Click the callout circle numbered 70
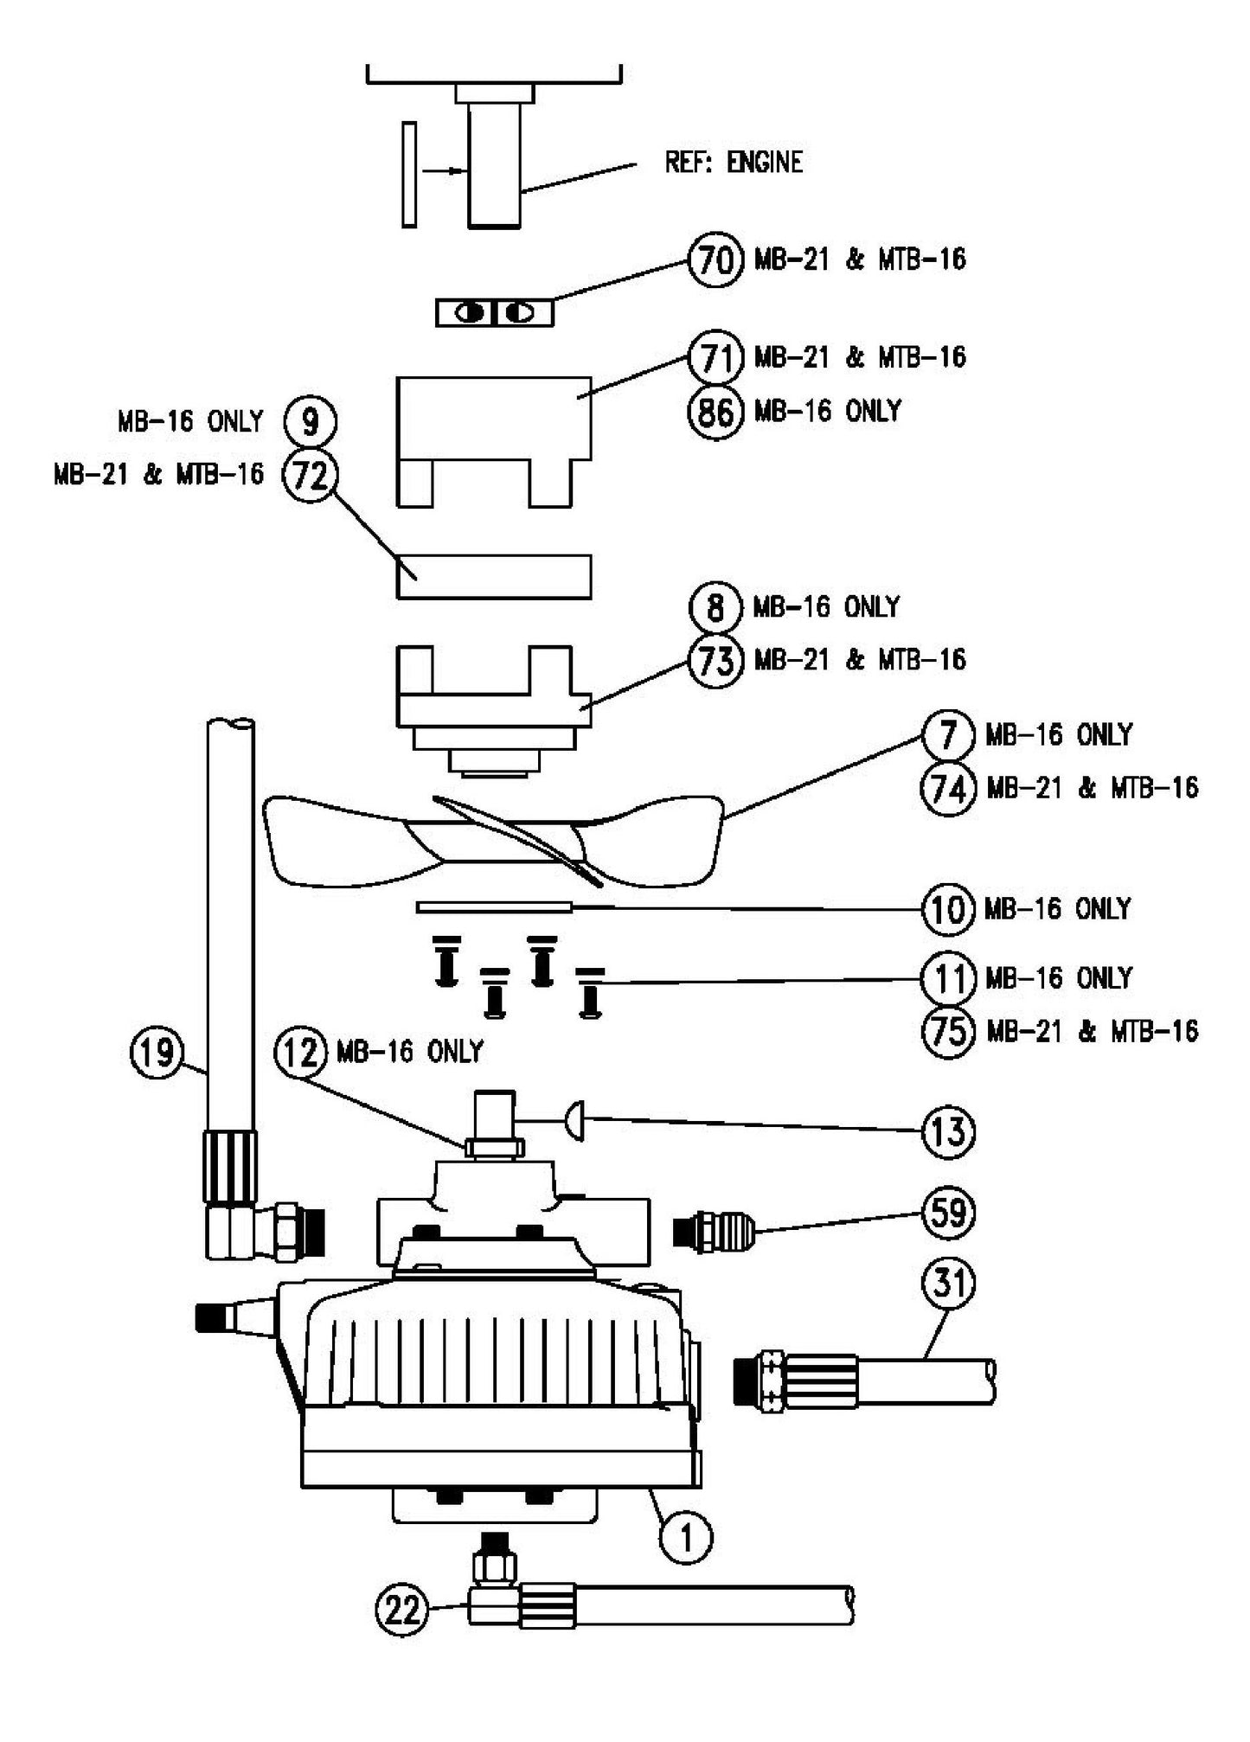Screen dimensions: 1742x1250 [715, 259]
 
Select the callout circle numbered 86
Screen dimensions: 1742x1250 [715, 411]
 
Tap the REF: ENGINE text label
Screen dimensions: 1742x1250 [733, 163]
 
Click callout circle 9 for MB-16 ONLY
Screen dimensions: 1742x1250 [311, 422]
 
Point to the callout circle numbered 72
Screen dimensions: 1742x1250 [311, 475]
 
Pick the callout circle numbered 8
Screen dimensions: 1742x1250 [715, 607]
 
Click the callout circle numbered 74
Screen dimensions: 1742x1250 [949, 788]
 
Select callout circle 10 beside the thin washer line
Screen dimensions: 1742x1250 [949, 910]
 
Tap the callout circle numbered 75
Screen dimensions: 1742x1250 [949, 1031]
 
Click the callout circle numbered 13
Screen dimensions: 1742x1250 [949, 1131]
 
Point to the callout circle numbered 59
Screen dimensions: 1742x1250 [949, 1213]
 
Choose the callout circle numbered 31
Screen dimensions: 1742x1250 [949, 1283]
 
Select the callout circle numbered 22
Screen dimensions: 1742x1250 [402, 1611]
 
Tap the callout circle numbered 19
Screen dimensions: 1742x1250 [156, 1053]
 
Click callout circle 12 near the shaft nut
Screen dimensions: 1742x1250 [301, 1052]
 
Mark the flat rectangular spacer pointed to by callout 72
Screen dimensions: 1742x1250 [494, 577]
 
